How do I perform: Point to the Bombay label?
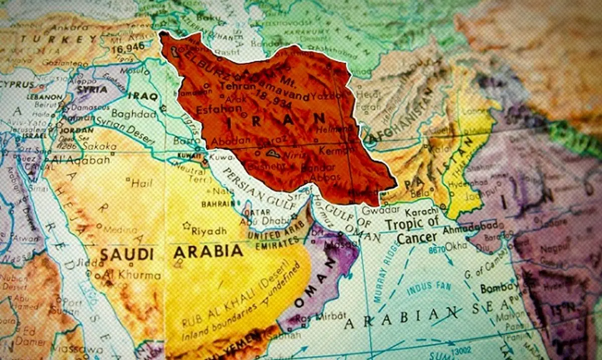tap(499, 288)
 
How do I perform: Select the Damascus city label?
tap(83, 108)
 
